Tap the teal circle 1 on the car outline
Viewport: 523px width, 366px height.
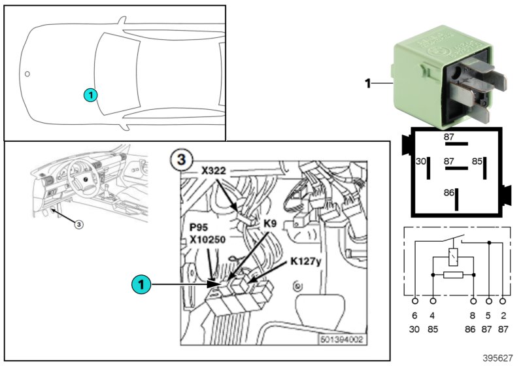(x=90, y=95)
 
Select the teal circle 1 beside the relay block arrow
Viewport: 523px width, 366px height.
(x=139, y=284)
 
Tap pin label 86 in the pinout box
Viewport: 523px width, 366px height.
(x=448, y=193)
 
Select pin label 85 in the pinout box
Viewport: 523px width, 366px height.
(x=478, y=159)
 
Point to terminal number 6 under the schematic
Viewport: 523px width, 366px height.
(x=414, y=316)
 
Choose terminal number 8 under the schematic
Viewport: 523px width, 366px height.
(x=472, y=316)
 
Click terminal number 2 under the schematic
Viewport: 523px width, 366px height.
(x=502, y=316)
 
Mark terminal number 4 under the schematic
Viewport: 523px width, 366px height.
(x=433, y=316)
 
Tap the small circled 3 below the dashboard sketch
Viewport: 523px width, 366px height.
(x=78, y=224)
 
